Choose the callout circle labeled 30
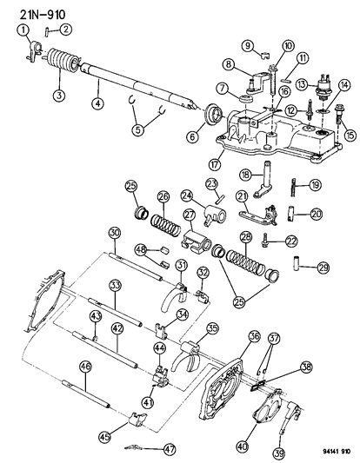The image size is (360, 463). pos(114,232)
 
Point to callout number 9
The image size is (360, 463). pos(247,45)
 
